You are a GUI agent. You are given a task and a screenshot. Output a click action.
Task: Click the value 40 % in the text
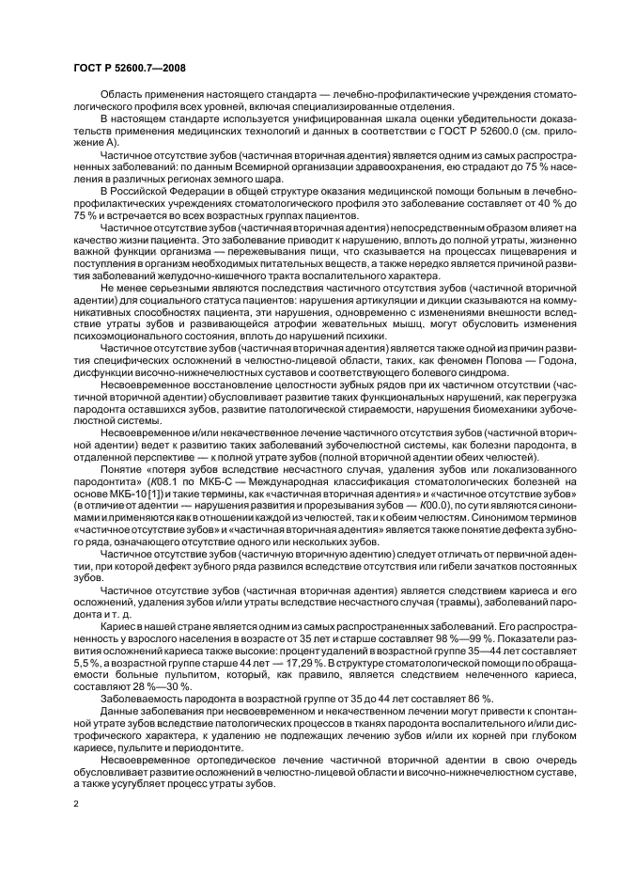(522, 203)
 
